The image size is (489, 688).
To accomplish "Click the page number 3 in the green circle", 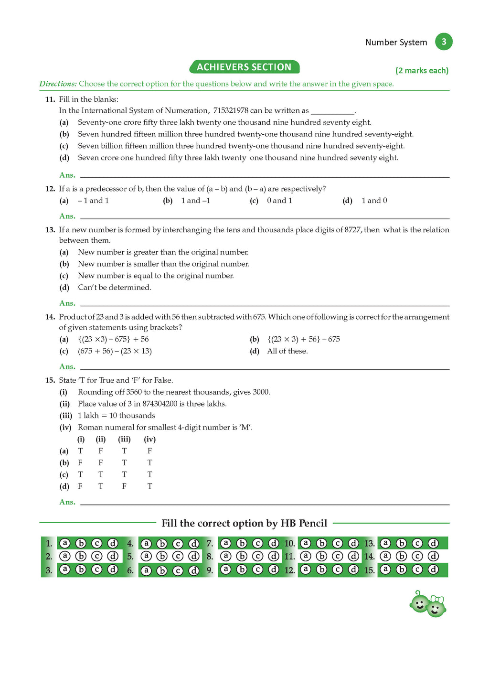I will [x=444, y=42].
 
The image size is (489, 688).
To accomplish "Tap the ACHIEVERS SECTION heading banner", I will [x=244, y=67].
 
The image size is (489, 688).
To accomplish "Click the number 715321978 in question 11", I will [x=231, y=110].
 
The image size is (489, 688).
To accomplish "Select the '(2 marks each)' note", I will [x=422, y=70].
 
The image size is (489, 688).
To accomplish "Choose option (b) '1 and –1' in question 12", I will [x=195, y=201].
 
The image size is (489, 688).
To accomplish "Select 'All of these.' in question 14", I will [x=287, y=351].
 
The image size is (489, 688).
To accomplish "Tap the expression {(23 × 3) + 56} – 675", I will [x=304, y=339].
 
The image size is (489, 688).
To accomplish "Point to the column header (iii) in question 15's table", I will [x=124, y=439].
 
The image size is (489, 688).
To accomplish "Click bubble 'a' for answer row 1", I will [x=65, y=543].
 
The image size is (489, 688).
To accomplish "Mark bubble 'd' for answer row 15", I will [x=433, y=570].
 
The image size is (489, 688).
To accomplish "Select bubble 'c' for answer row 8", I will [x=258, y=556].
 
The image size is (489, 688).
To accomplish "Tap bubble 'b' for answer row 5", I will [x=162, y=556].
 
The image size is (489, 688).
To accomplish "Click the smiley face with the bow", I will [x=436, y=607].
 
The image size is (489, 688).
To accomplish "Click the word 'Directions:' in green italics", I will [x=58, y=84].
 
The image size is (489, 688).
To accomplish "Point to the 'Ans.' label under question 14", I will [x=67, y=367].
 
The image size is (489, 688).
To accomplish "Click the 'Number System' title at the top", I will [x=396, y=42].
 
